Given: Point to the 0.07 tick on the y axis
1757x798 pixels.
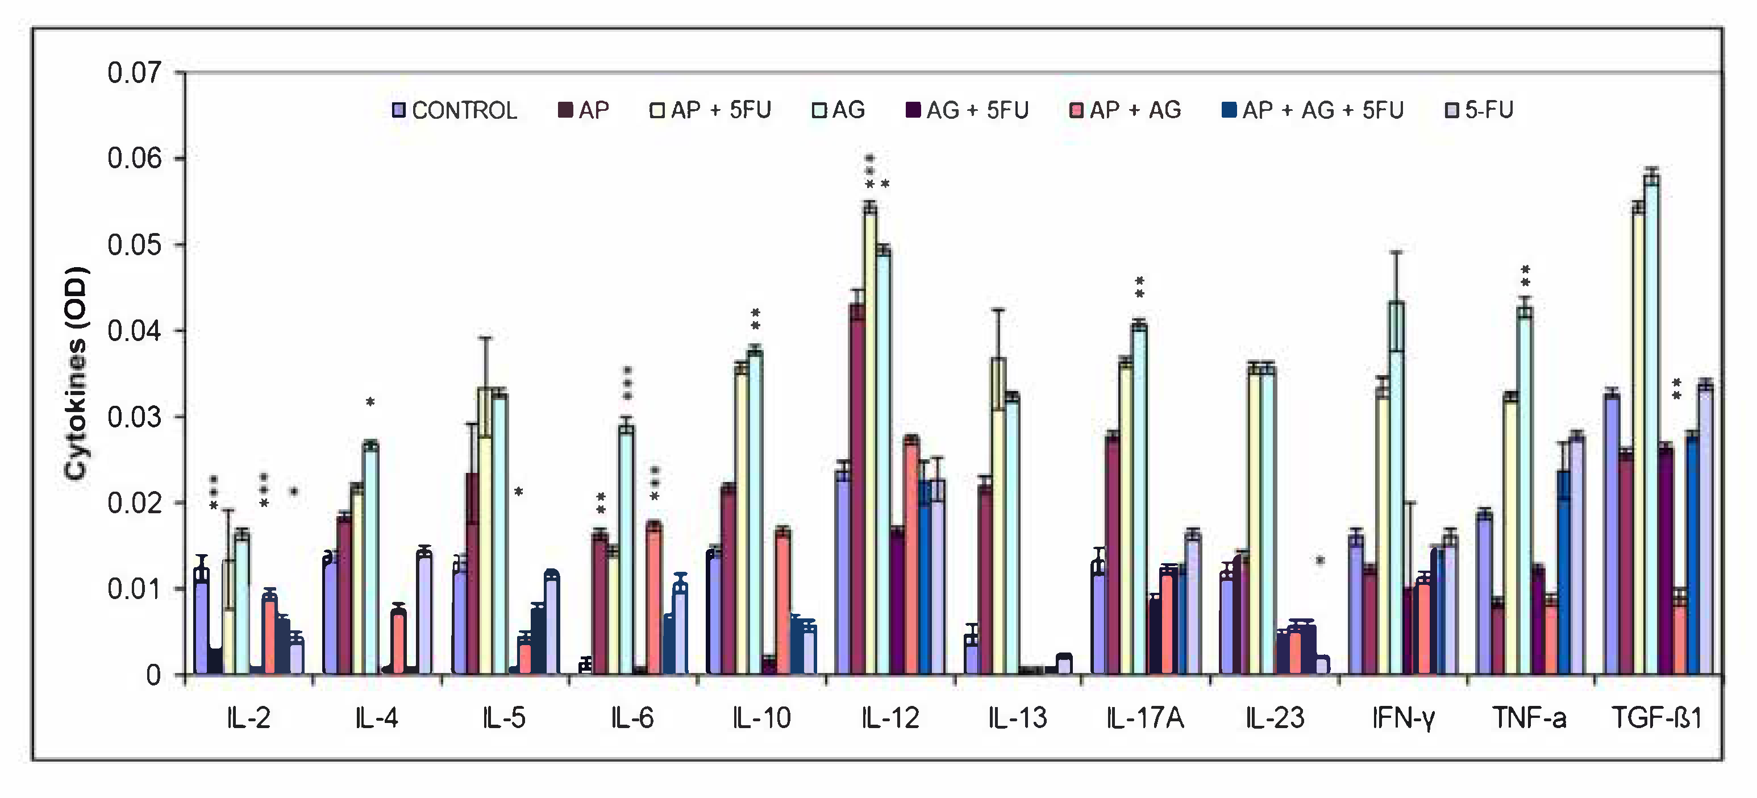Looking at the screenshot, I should [135, 72].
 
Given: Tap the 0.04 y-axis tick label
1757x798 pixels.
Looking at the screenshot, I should [135, 331].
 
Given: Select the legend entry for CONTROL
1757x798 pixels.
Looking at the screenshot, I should [455, 110].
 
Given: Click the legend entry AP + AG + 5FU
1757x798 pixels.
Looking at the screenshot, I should [1313, 110].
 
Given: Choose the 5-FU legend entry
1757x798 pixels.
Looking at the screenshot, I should [1480, 110].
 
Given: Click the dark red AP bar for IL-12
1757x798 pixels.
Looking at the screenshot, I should [857, 488].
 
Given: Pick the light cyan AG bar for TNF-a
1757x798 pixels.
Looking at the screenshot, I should [1525, 491].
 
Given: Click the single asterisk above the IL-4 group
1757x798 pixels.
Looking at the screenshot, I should [370, 402].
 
